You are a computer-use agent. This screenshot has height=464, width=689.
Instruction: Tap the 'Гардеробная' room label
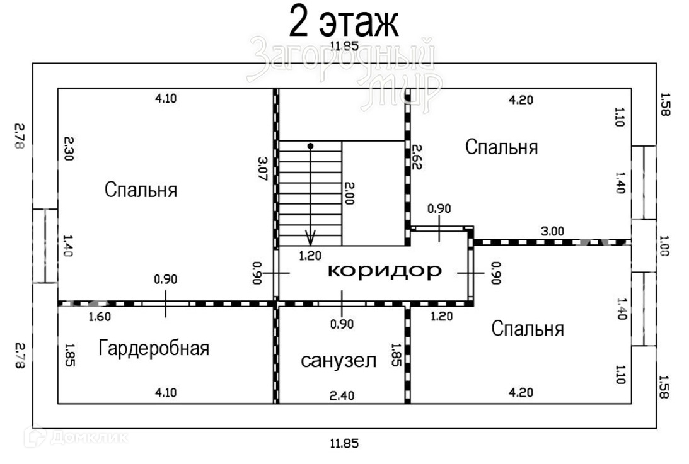[154, 348]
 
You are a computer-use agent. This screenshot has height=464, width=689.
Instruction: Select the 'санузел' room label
[339, 361]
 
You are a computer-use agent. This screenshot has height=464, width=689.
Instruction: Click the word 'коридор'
[385, 271]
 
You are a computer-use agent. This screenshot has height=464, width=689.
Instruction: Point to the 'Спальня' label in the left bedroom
[141, 190]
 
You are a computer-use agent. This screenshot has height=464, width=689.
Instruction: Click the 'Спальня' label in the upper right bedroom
[501, 147]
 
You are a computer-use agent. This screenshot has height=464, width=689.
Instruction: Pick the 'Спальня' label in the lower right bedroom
[527, 328]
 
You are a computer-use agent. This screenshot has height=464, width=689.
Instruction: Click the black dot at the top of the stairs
[310, 146]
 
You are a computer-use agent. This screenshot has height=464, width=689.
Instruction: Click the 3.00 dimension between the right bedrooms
[552, 231]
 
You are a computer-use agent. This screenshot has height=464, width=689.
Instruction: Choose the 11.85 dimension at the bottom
[344, 443]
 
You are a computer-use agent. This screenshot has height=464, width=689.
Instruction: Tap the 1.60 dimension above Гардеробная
[100, 316]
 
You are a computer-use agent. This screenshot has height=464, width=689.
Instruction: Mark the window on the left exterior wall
[45, 246]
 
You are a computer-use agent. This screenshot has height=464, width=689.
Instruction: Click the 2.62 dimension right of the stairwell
[417, 157]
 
